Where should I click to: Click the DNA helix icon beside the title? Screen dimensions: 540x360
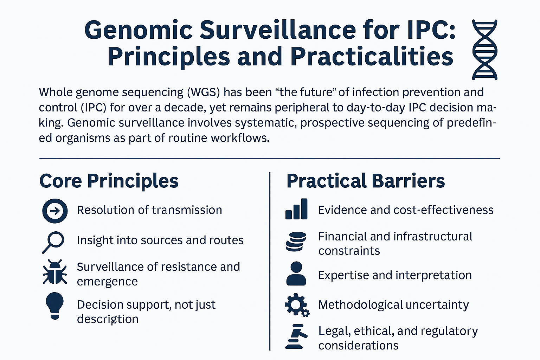pos(484,50)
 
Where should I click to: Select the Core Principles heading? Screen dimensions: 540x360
pos(109,181)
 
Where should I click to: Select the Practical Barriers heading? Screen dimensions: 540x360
pos(366,181)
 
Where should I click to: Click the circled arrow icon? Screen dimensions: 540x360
pos(55,211)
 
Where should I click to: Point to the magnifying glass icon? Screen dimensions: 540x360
pos(53,242)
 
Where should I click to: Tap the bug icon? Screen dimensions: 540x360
pos(55,272)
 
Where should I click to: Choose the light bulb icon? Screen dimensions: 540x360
pos(55,306)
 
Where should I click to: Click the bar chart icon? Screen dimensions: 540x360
pos(296,209)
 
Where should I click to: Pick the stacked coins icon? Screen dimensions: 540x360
pos(296,242)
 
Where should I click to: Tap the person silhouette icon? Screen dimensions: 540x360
pos(296,274)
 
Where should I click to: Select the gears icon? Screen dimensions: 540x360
pos(297,305)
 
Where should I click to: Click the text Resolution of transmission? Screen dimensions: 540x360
pos(149,210)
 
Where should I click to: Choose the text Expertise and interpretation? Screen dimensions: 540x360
pos(395,275)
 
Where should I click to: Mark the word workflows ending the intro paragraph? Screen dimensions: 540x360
pos(240,138)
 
